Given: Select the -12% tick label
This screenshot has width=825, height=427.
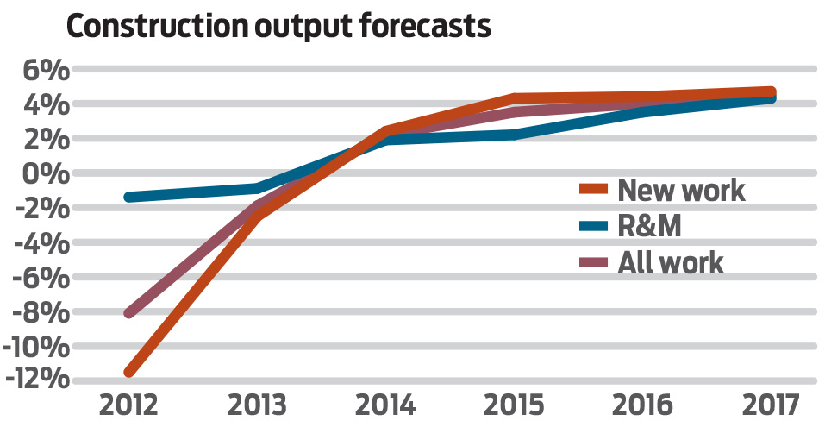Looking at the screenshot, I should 36,380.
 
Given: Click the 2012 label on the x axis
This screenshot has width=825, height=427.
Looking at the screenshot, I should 129,405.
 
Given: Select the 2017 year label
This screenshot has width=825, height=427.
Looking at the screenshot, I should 771,405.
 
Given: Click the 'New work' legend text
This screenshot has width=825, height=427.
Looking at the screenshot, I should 681,190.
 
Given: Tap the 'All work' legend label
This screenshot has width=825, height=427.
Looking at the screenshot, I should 671,262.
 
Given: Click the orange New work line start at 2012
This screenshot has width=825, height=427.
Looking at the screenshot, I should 129,372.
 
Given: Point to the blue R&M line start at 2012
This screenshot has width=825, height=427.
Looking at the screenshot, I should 129,198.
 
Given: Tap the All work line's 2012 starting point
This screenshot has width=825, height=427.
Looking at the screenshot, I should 129,313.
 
